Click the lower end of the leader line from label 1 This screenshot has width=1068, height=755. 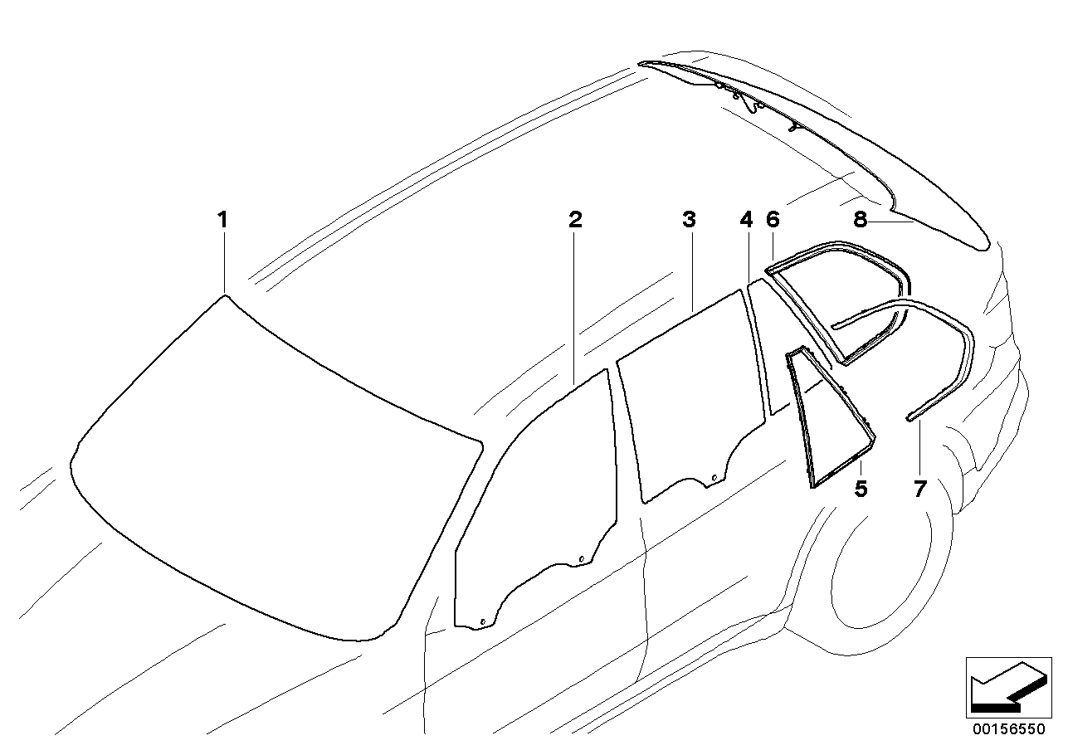pos(224,292)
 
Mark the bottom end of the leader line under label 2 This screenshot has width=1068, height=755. pos(574,384)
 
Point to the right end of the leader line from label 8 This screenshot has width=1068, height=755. pos(914,222)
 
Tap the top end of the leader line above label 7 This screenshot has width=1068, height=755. pos(919,421)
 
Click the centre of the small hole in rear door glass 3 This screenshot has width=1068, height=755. pos(714,478)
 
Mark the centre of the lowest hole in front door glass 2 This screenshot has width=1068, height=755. pos(482,621)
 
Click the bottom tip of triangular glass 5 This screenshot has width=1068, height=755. pos(812,489)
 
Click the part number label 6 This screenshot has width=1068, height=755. pos(773,220)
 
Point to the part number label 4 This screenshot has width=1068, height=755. pos(746,220)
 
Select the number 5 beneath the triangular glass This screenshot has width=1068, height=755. pos(861,489)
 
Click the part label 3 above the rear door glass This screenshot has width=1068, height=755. pos(690,220)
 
